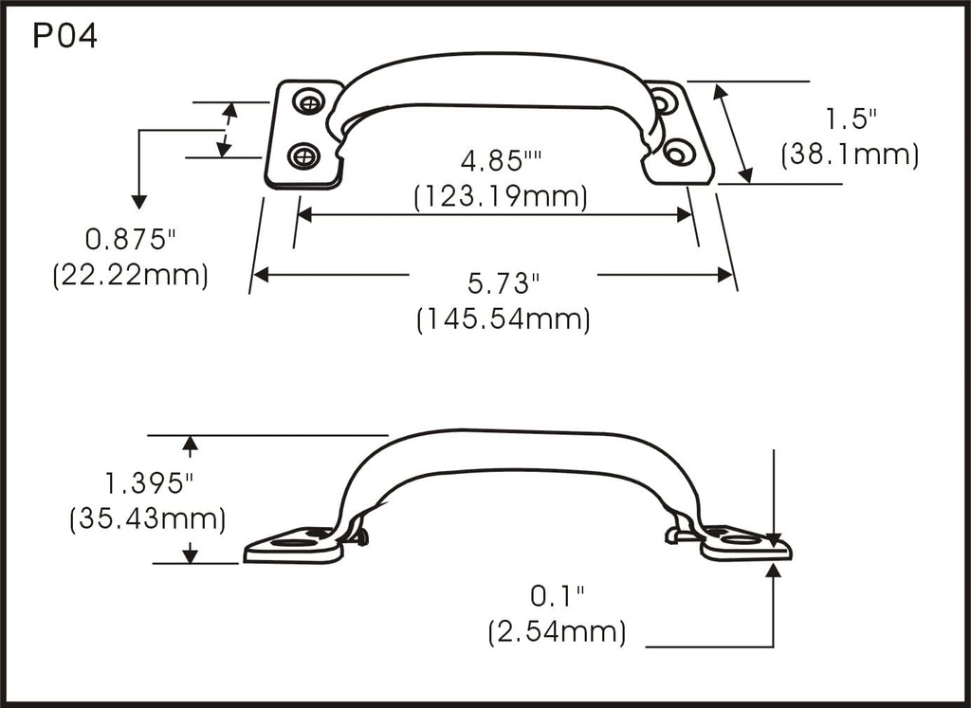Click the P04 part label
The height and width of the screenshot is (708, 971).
coord(65,36)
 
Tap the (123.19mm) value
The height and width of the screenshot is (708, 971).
coord(501,197)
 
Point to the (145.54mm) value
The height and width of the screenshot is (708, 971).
coord(504,319)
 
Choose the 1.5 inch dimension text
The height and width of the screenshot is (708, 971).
coord(851,120)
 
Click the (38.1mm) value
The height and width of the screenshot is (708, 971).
coord(850,154)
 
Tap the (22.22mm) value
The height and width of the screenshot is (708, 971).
coord(130,275)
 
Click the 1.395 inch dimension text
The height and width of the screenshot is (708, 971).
coord(150,483)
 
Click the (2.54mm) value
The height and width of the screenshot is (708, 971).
coord(558,631)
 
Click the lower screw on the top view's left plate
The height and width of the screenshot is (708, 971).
coord(303,156)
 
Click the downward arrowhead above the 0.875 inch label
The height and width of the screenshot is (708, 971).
coord(139,201)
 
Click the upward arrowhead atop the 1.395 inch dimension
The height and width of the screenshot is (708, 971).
coord(192,443)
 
